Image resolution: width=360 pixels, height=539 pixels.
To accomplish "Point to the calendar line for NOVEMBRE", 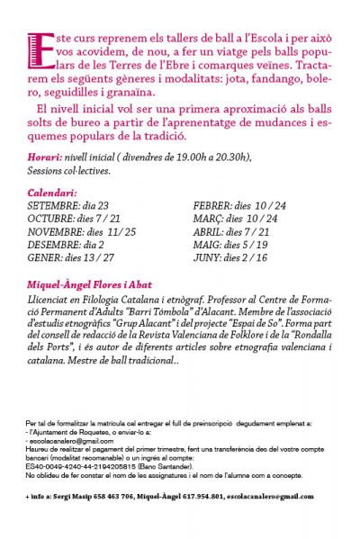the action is coord(82,230).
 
